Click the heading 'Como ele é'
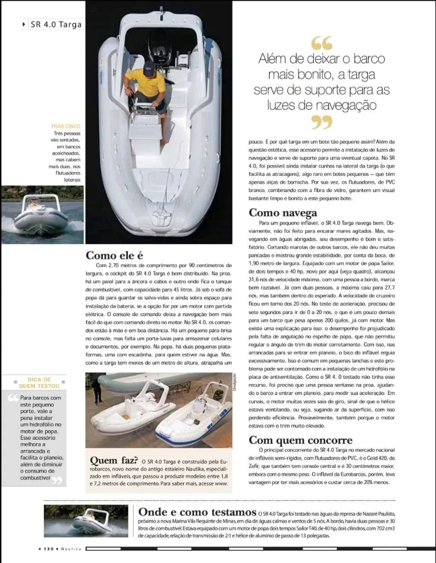114,255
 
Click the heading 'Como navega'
283,213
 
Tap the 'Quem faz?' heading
114,460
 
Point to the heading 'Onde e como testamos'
197,512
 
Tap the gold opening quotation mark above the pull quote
322,43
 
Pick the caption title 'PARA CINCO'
66,126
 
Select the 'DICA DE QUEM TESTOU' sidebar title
40,383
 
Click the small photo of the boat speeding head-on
42,214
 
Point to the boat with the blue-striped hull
193,418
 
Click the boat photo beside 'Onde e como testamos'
88,520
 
